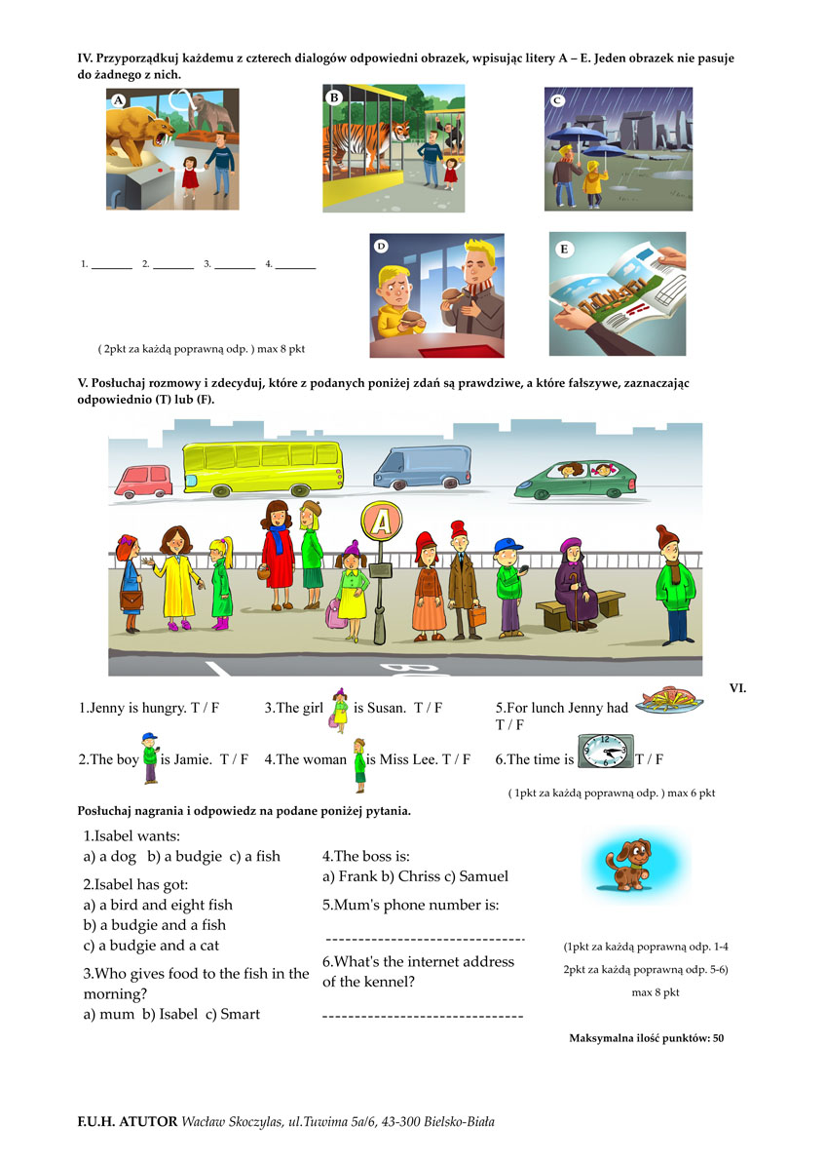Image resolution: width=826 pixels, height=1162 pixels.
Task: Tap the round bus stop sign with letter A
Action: point(382,523)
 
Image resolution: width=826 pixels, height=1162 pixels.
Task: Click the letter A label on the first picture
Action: point(118,100)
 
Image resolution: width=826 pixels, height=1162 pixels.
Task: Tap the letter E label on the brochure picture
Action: point(564,249)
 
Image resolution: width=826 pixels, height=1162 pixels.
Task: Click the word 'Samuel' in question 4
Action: point(484,876)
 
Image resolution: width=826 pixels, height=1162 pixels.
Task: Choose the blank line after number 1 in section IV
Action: point(112,264)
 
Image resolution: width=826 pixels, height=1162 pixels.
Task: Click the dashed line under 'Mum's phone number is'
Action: point(424,939)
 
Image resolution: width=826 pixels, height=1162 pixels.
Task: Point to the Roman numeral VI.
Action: point(737,688)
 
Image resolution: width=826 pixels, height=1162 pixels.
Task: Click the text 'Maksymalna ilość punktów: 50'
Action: point(646,1038)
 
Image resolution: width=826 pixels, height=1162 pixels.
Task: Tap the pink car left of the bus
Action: point(141,478)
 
